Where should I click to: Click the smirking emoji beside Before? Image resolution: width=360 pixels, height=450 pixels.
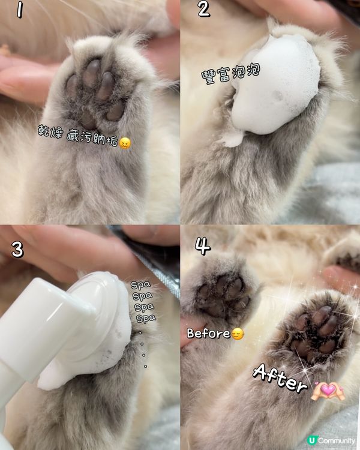tap(238, 334)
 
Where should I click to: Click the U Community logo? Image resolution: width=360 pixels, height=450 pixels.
tap(331, 440)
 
